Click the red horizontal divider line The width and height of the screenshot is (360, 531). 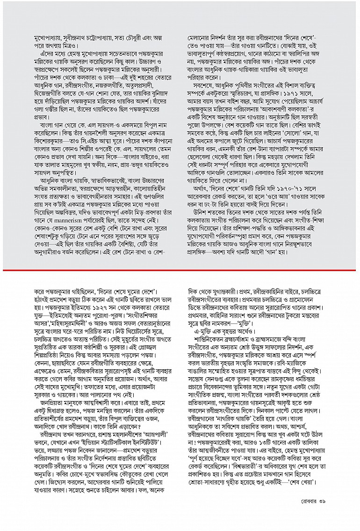coord(180,270)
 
